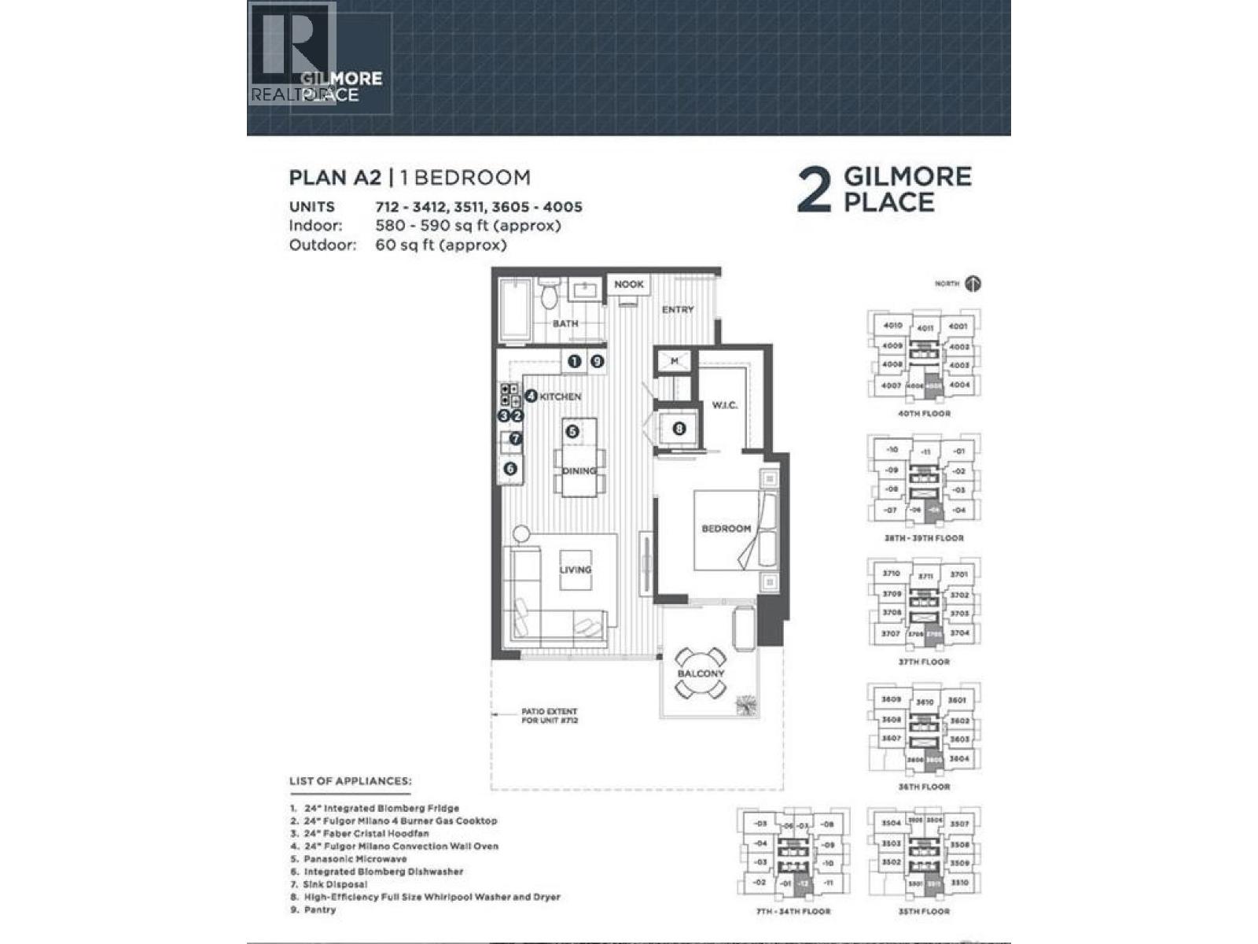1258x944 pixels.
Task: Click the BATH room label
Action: (x=565, y=323)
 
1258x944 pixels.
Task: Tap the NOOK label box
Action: (x=628, y=284)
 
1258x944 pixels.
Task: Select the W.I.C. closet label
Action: (x=724, y=405)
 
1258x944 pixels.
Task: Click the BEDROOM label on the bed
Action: (x=726, y=529)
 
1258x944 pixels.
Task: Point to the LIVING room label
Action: (x=576, y=570)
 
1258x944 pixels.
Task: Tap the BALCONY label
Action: (x=701, y=674)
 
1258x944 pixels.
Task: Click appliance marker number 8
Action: (x=679, y=429)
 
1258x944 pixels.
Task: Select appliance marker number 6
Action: (x=510, y=469)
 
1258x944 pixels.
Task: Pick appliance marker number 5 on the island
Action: (x=572, y=431)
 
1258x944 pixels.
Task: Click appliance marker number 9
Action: (x=598, y=361)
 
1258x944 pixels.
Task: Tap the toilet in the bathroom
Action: (x=550, y=297)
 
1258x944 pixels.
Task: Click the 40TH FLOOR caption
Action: (x=924, y=414)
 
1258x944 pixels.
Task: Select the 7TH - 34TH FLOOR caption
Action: (x=793, y=911)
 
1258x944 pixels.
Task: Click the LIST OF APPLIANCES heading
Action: (x=350, y=781)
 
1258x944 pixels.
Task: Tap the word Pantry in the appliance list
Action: (x=320, y=909)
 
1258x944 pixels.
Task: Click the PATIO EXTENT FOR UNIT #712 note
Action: (x=550, y=716)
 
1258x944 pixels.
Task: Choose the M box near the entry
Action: (x=675, y=361)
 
